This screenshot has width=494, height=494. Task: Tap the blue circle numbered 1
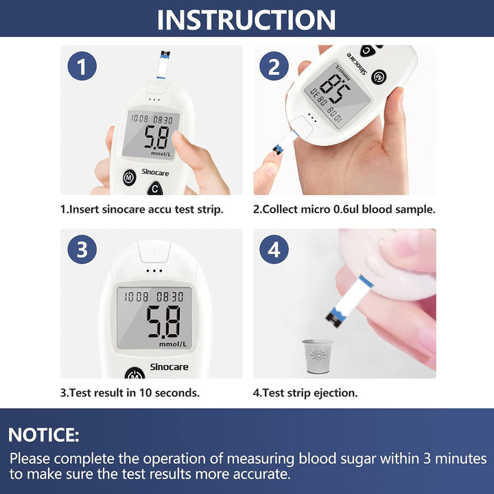pyautogui.click(x=82, y=67)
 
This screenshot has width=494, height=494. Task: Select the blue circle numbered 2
pyautogui.click(x=274, y=67)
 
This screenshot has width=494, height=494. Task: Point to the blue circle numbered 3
pyautogui.click(x=82, y=250)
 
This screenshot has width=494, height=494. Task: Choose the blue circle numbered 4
pyautogui.click(x=274, y=250)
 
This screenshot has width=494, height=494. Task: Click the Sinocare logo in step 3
pyautogui.click(x=169, y=367)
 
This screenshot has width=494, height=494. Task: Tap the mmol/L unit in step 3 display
pyautogui.click(x=174, y=344)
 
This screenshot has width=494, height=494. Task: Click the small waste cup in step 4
pyautogui.click(x=317, y=356)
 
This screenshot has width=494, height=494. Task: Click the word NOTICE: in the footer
pyautogui.click(x=44, y=434)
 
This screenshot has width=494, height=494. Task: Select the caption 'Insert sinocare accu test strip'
pyautogui.click(x=142, y=209)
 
